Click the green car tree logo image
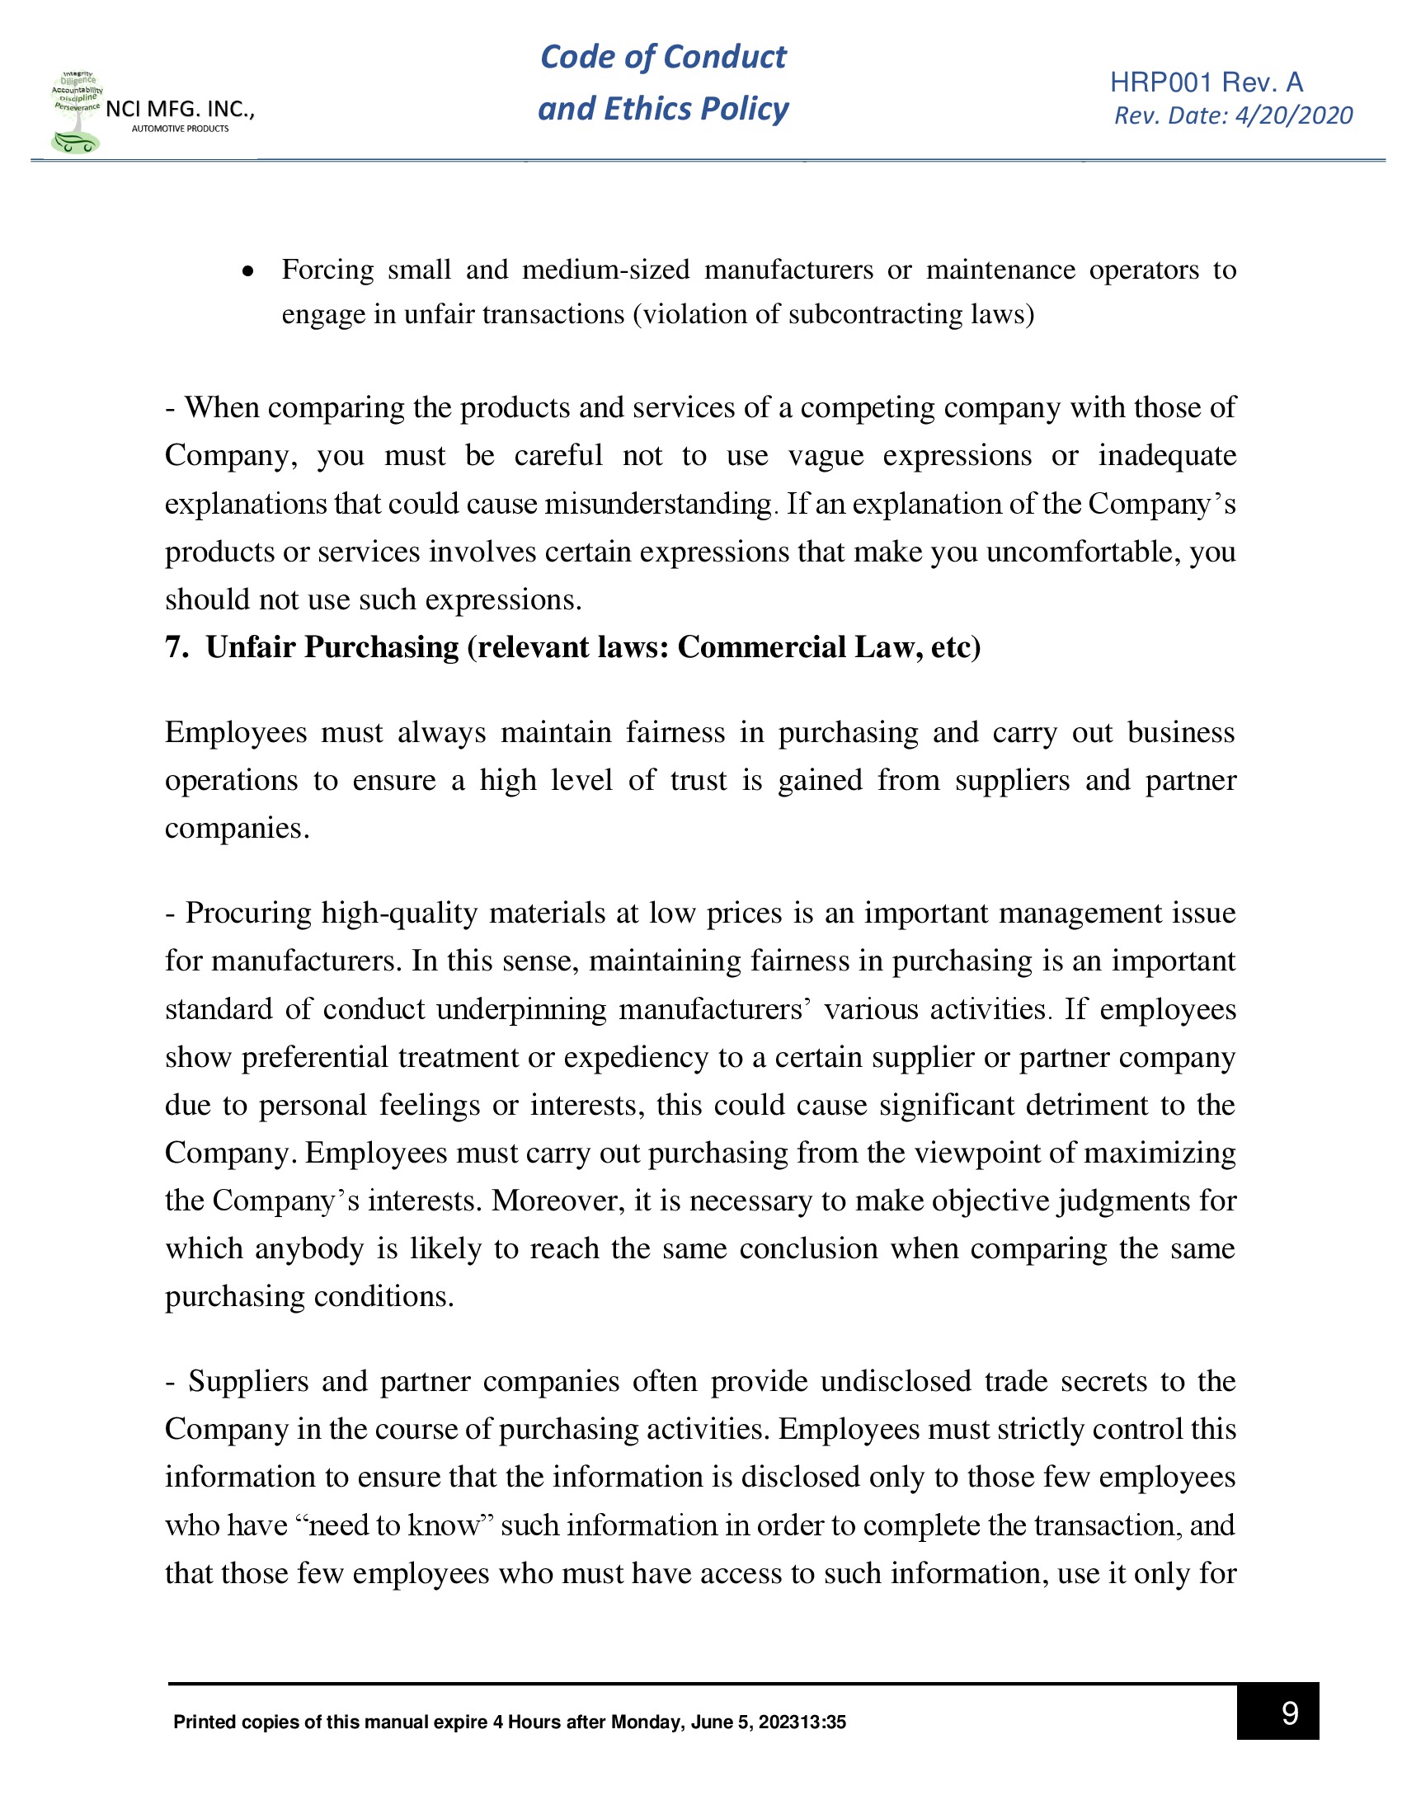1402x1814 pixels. [77, 113]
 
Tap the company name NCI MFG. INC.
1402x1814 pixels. [180, 109]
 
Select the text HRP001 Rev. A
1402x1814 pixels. [1206, 82]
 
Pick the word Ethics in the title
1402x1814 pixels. [647, 109]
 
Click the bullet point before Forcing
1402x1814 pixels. [247, 270]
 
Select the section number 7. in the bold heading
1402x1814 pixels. [176, 647]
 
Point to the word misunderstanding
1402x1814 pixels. [658, 504]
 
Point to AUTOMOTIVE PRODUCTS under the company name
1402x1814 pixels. [181, 129]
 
